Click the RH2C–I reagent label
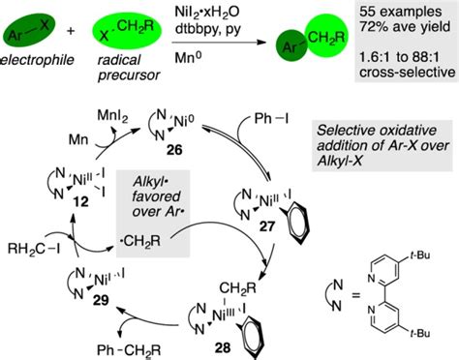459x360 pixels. tap(34, 259)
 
